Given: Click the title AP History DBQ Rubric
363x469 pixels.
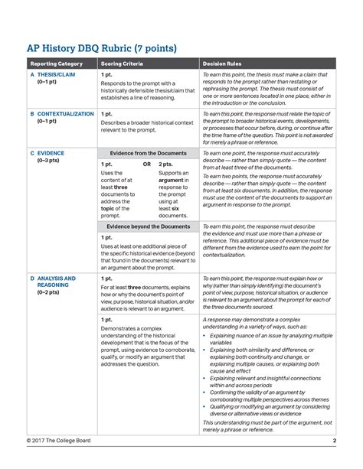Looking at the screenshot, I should coord(103,48).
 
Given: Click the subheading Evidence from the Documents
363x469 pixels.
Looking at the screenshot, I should coord(148,153).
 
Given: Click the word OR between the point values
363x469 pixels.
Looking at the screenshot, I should coord(146,164).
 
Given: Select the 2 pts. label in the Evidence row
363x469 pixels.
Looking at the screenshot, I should coord(165,164).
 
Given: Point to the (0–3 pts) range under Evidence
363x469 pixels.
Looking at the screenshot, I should coord(50,161).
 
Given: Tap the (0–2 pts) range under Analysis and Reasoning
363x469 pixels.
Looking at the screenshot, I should coord(50,293).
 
